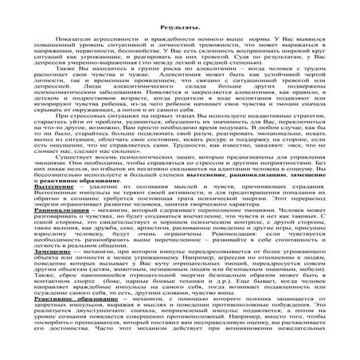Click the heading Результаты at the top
tap(179, 26)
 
